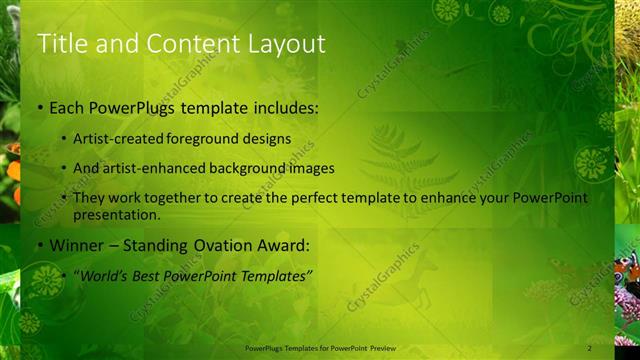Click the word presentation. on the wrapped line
116,214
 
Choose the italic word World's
104,275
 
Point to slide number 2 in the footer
590,348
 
